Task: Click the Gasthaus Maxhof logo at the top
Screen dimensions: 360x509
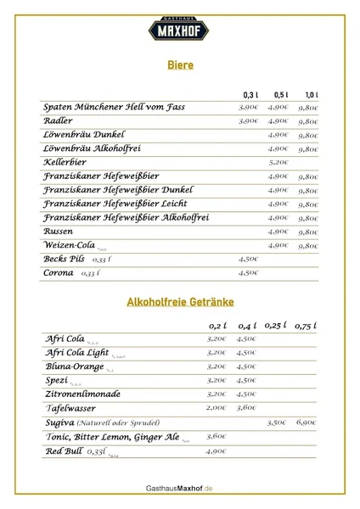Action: pyautogui.click(x=179, y=31)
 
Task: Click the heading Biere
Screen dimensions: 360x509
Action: pyautogui.click(x=179, y=64)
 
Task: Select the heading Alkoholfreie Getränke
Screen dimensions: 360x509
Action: pyautogui.click(x=179, y=301)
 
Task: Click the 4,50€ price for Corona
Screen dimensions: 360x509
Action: pyautogui.click(x=248, y=273)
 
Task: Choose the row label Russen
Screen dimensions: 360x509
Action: pyautogui.click(x=59, y=231)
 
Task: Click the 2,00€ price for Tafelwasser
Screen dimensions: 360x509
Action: pyautogui.click(x=217, y=408)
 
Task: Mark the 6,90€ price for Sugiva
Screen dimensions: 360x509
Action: pyautogui.click(x=307, y=422)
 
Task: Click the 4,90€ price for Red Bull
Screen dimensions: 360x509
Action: pyautogui.click(x=217, y=451)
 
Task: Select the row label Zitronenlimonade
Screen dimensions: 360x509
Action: pyautogui.click(x=82, y=394)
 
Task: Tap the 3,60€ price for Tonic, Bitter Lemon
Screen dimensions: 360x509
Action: pyautogui.click(x=217, y=436)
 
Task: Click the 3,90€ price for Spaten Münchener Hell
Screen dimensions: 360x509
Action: pyautogui.click(x=248, y=108)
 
